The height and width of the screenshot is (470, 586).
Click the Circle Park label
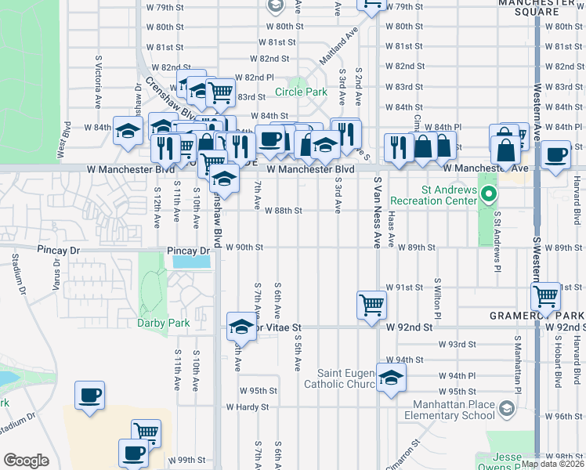(301, 92)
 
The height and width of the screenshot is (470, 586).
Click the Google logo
(26, 461)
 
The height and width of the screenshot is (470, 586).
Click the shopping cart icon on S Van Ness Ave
(371, 304)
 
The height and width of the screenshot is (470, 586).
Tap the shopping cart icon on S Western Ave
(545, 296)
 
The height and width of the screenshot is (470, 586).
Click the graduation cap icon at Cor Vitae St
(241, 326)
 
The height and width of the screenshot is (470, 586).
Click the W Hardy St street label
(248, 407)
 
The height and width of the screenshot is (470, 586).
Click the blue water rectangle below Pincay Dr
(191, 262)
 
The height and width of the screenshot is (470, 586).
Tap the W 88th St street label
(283, 211)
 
